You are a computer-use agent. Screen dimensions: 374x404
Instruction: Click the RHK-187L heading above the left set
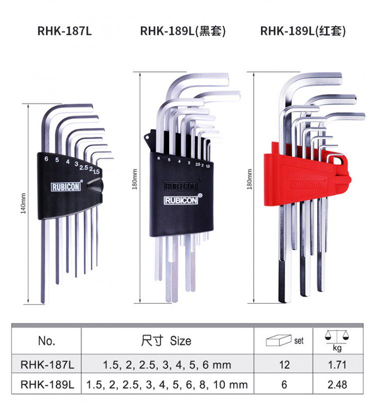tap(65, 31)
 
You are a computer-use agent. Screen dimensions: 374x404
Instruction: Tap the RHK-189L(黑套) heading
tap(183, 31)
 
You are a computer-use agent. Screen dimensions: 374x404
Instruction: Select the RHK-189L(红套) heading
tap(303, 31)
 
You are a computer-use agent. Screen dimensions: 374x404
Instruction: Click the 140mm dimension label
tap(23, 203)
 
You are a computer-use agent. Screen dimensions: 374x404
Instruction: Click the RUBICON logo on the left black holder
tap(67, 188)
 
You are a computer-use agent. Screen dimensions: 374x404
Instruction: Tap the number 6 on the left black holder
tap(46, 159)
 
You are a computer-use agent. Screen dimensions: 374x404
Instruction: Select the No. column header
tap(46, 341)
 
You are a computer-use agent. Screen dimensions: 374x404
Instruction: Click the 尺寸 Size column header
tap(167, 341)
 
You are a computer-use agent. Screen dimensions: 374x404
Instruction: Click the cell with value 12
tap(284, 365)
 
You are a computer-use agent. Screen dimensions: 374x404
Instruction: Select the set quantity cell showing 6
tap(284, 385)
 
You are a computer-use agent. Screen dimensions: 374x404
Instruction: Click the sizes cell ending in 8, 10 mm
tap(167, 385)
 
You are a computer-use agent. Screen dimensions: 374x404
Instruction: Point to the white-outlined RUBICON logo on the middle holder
tap(182, 201)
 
